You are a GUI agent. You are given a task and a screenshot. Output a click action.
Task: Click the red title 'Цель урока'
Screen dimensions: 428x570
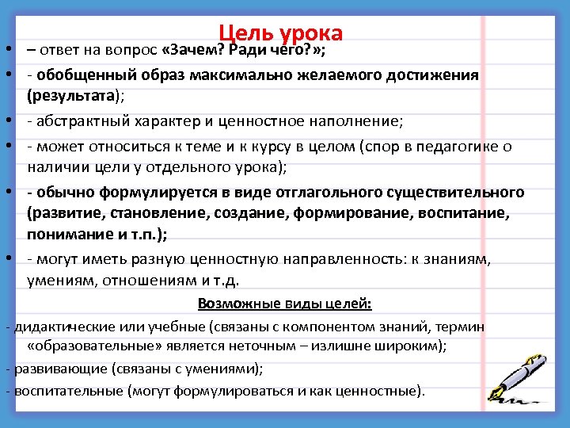(281, 33)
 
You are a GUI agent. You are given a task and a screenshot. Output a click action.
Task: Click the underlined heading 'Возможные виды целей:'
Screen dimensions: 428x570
(285, 304)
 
